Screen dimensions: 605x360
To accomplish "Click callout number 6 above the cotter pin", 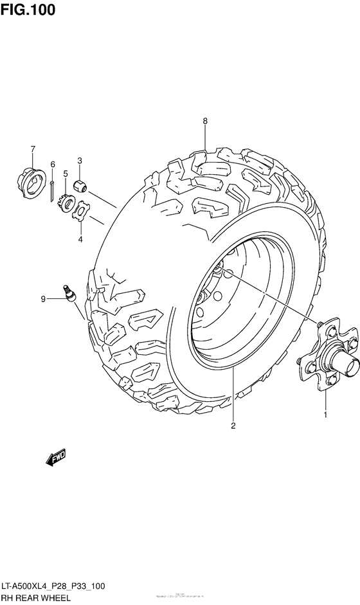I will (53, 165).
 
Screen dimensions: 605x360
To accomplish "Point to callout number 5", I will (65, 174).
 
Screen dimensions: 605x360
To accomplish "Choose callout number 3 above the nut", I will (79, 161).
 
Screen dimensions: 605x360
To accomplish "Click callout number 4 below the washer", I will (80, 239).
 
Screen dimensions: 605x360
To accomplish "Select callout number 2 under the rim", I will (233, 425).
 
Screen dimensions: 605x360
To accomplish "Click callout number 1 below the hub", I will (325, 415).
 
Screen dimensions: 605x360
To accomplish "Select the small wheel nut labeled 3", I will (81, 185).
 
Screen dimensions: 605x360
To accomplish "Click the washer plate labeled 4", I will (82, 212).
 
